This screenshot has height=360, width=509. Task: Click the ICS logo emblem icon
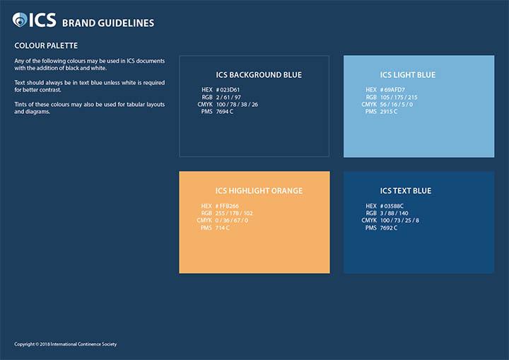(x=20, y=20)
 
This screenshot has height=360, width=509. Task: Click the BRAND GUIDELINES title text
(x=108, y=23)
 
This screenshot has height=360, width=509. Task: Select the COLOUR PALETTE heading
(x=46, y=45)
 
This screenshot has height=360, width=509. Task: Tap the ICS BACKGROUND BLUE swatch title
(x=259, y=75)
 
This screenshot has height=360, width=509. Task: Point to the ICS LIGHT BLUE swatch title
(x=408, y=75)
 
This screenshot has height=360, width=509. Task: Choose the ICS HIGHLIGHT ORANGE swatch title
(x=259, y=191)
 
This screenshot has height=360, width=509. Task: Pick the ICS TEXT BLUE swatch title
(x=406, y=191)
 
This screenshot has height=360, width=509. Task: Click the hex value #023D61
(x=228, y=90)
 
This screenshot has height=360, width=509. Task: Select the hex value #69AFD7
(x=392, y=90)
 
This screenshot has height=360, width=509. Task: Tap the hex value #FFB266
(x=227, y=206)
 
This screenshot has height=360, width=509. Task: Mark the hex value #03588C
(x=392, y=206)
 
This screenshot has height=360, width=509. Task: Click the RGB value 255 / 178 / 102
(x=234, y=213)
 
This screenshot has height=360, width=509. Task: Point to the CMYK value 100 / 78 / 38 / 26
(x=237, y=104)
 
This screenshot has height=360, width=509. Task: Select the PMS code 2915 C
(x=389, y=112)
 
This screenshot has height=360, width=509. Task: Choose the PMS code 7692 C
(x=389, y=228)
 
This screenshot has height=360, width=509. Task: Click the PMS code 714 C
(x=223, y=228)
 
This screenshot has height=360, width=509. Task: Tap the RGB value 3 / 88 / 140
(x=394, y=213)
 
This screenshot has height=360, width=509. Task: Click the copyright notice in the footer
(x=65, y=344)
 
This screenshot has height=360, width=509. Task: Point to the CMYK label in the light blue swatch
(x=369, y=104)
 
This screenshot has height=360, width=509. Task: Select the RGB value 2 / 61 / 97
(x=228, y=97)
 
